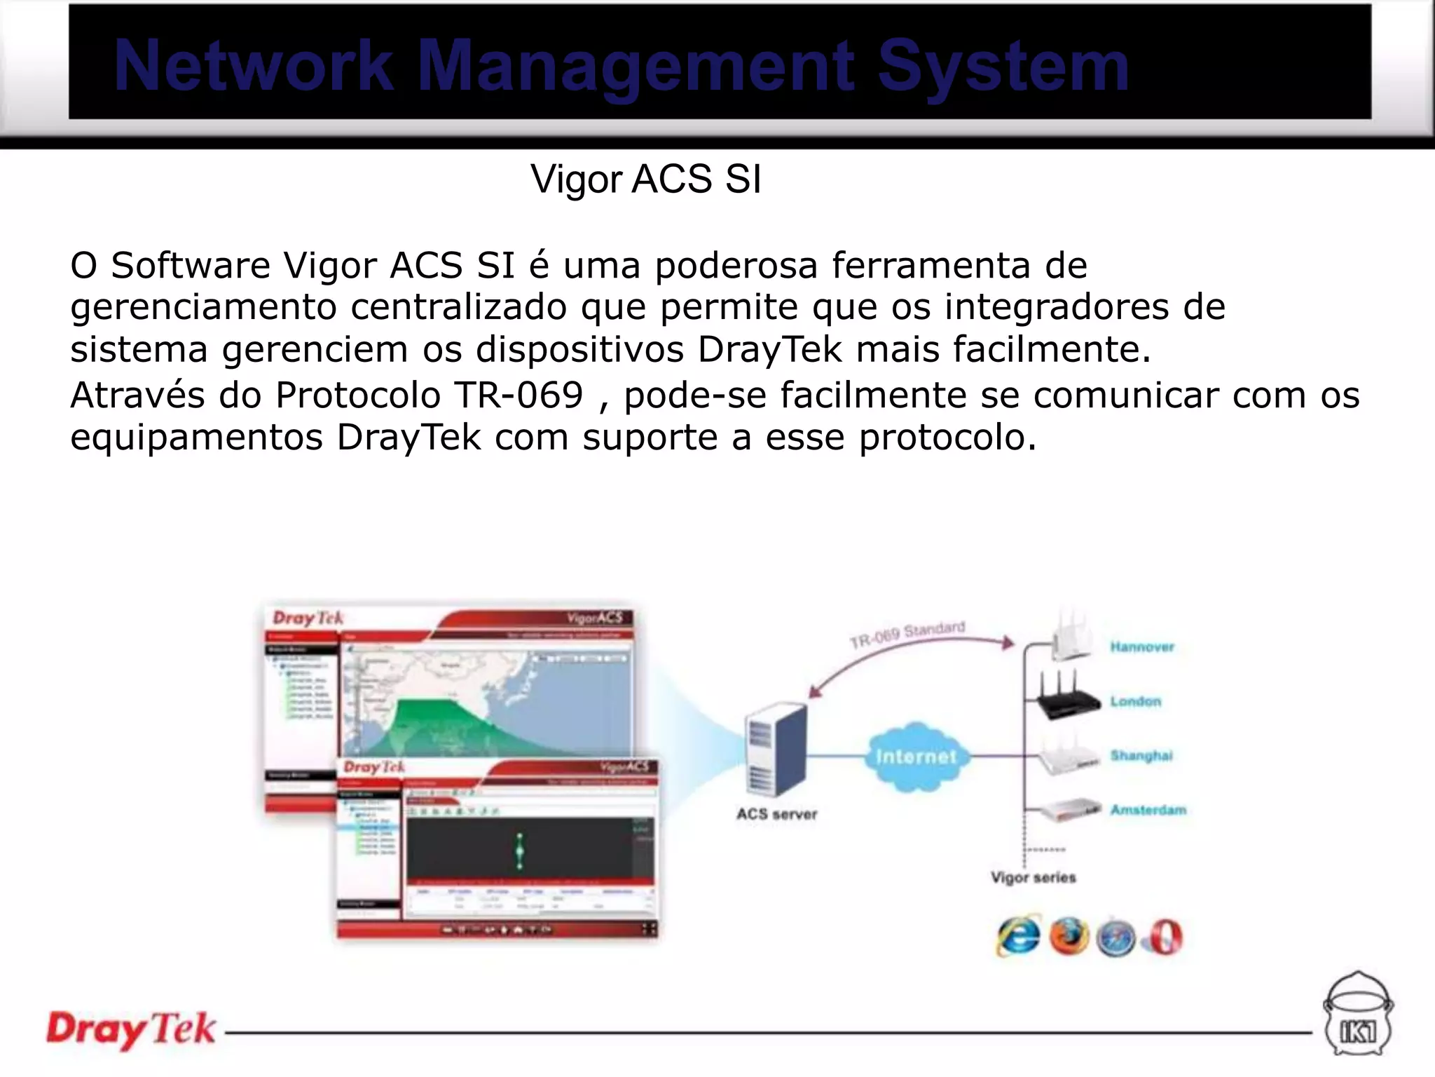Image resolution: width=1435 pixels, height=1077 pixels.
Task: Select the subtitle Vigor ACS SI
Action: (x=645, y=179)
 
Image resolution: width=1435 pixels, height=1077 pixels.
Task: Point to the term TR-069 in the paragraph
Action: (x=519, y=395)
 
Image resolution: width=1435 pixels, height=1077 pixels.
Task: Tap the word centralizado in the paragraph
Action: (x=458, y=308)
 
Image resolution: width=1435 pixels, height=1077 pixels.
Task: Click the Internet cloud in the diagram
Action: (x=915, y=757)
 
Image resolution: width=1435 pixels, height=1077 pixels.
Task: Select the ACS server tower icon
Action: (x=776, y=750)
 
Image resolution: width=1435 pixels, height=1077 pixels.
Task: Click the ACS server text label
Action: (x=776, y=814)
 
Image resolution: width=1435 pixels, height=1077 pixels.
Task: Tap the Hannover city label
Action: (x=1141, y=647)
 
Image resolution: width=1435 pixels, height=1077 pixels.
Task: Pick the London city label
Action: (x=1135, y=701)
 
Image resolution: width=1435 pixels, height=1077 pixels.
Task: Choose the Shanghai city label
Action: (x=1141, y=756)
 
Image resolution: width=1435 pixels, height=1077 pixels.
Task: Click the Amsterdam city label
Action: (x=1148, y=810)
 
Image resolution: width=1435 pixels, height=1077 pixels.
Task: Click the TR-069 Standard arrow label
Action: (x=907, y=635)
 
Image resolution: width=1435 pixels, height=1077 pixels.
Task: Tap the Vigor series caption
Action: (x=1033, y=877)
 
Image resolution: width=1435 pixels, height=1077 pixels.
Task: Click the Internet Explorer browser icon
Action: (x=1018, y=937)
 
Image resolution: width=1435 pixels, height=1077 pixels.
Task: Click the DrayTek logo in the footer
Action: (x=131, y=1030)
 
